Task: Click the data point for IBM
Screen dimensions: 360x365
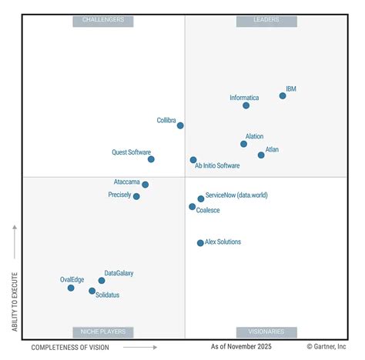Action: pyautogui.click(x=283, y=96)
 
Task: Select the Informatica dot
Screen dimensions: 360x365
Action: pyautogui.click(x=246, y=105)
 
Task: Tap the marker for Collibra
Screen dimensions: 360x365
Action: pyautogui.click(x=180, y=125)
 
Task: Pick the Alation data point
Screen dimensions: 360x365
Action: pyautogui.click(x=244, y=144)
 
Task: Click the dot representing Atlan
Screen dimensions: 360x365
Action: pyautogui.click(x=261, y=155)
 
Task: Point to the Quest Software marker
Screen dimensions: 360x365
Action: pyautogui.click(x=151, y=159)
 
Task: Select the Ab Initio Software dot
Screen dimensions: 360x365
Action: pyautogui.click(x=193, y=160)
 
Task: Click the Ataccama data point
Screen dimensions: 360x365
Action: pyautogui.click(x=145, y=185)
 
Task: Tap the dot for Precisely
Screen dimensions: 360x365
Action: pyautogui.click(x=136, y=196)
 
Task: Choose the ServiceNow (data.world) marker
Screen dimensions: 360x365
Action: pyautogui.click(x=201, y=198)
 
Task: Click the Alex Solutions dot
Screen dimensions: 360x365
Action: pyautogui.click(x=200, y=243)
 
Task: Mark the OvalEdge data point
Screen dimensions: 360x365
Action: pyautogui.click(x=71, y=288)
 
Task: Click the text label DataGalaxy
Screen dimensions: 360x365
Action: pyautogui.click(x=119, y=273)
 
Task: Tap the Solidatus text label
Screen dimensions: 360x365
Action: pyautogui.click(x=109, y=295)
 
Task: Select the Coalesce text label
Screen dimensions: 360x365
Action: pyautogui.click(x=208, y=211)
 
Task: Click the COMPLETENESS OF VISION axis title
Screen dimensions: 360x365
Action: pyautogui.click(x=69, y=347)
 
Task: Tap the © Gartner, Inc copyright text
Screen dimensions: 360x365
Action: pyautogui.click(x=326, y=347)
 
